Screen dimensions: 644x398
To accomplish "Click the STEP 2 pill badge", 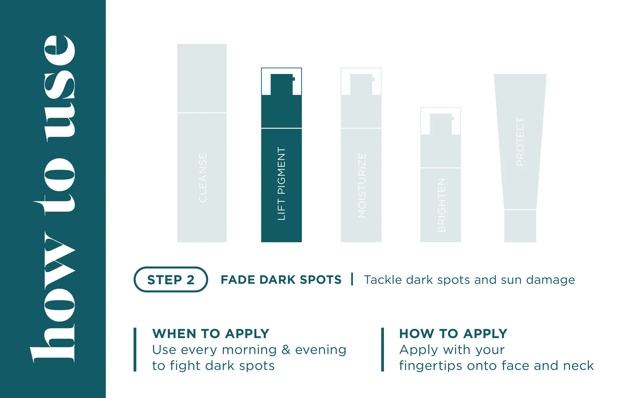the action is (171, 279).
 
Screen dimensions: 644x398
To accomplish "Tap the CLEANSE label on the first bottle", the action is (203, 178).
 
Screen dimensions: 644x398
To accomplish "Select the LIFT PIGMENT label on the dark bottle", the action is (281, 184).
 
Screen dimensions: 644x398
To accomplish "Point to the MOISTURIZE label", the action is (362, 185).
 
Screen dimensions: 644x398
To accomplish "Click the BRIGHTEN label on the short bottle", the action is (441, 205).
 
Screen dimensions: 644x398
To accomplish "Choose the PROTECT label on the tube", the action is (520, 142).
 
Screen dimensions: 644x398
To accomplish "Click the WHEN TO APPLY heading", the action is (211, 334).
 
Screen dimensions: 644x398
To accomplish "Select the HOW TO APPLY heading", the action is (453, 334).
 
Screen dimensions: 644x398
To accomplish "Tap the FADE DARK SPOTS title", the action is (281, 280).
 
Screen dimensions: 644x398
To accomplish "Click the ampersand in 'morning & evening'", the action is (286, 350).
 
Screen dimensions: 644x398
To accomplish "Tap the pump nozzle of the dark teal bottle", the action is (282, 84).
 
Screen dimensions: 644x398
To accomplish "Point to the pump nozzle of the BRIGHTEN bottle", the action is (441, 124).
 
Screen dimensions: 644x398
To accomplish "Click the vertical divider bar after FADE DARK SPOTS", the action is (352, 279).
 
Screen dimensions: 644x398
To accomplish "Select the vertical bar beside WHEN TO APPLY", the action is (135, 350).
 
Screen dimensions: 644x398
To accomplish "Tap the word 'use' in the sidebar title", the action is (60, 88).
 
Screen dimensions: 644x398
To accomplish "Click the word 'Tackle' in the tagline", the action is (383, 280).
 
